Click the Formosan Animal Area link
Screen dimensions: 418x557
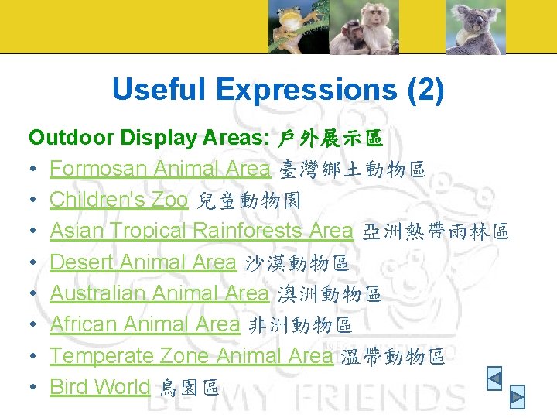[x=159, y=169]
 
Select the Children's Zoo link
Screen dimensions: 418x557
[x=118, y=200]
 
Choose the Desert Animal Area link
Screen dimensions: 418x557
[x=142, y=262]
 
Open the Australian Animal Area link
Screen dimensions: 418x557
[x=159, y=293]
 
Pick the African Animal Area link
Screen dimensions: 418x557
[x=145, y=324]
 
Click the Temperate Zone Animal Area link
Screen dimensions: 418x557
[x=191, y=356]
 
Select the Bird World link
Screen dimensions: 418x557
[x=100, y=387]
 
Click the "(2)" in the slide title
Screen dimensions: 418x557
[x=425, y=90]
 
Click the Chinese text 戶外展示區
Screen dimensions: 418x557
[x=330, y=139]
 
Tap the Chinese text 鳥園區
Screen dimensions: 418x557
[x=189, y=388]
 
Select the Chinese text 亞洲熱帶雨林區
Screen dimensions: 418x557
[x=436, y=231]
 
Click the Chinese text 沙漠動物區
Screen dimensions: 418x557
[x=296, y=263]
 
